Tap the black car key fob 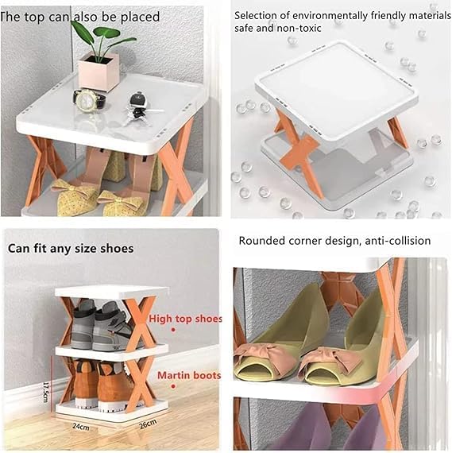139,99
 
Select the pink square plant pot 99,70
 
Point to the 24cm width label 80,426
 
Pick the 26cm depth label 148,424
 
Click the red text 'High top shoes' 185,319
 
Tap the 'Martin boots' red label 189,375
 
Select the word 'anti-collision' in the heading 398,241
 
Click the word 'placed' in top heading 140,17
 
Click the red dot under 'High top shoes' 173,329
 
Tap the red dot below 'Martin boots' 173,386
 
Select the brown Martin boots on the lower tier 99,384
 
